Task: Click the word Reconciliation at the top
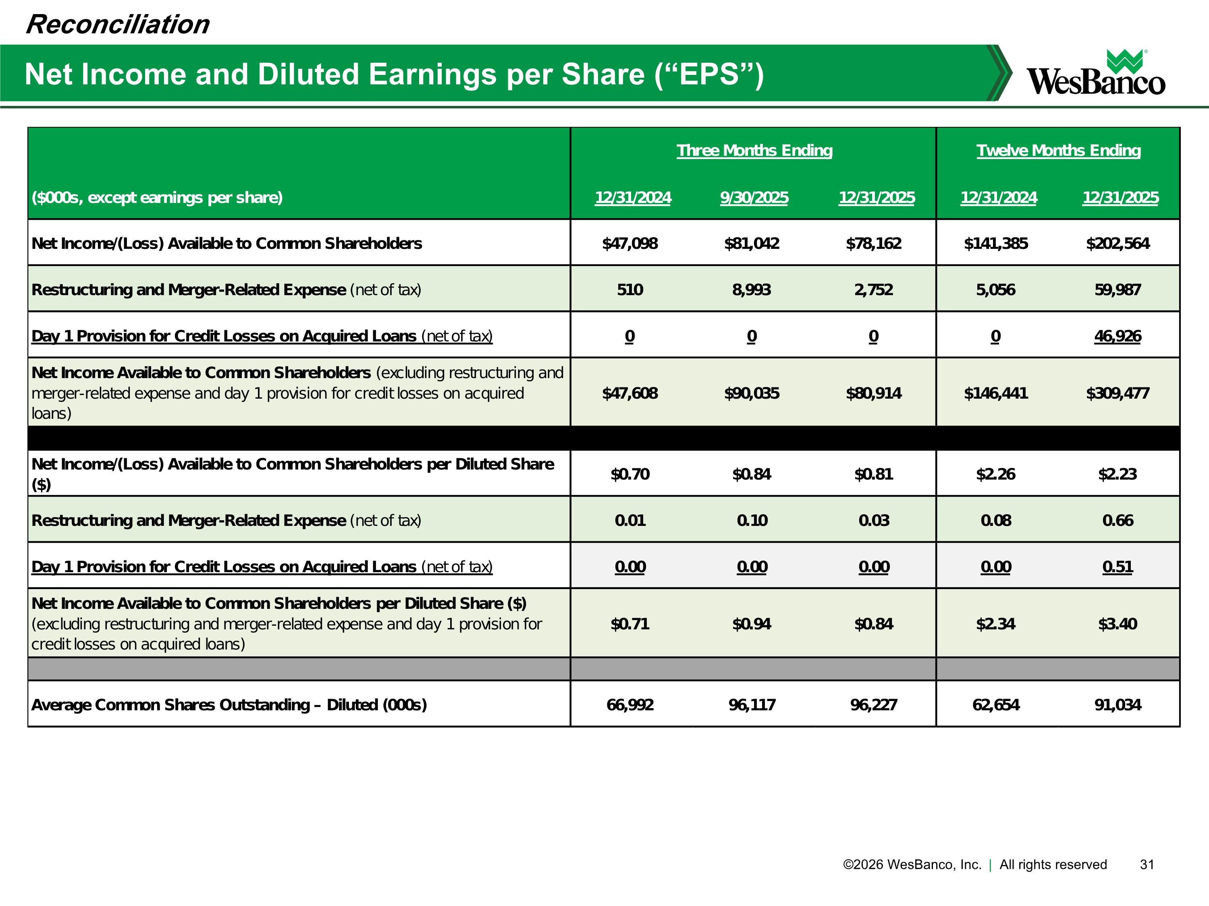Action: pyautogui.click(x=118, y=25)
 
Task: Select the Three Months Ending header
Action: pyautogui.click(x=754, y=150)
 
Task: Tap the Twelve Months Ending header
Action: pyautogui.click(x=1058, y=150)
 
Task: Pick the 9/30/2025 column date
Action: pyautogui.click(x=754, y=198)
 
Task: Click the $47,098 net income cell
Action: pyautogui.click(x=629, y=244)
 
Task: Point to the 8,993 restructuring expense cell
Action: pyautogui.click(x=752, y=290)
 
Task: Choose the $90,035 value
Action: pyautogui.click(x=752, y=393)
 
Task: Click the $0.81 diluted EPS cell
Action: pyautogui.click(x=873, y=474)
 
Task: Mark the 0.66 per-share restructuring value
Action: pyautogui.click(x=1118, y=520)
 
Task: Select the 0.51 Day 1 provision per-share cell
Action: pyautogui.click(x=1118, y=567)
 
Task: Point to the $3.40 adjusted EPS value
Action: pyautogui.click(x=1118, y=624)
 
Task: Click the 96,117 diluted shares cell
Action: pyautogui.click(x=752, y=705)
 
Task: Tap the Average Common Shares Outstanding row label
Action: pyautogui.click(x=229, y=705)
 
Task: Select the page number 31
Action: pyautogui.click(x=1147, y=865)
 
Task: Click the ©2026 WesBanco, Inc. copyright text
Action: pyautogui.click(x=912, y=865)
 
